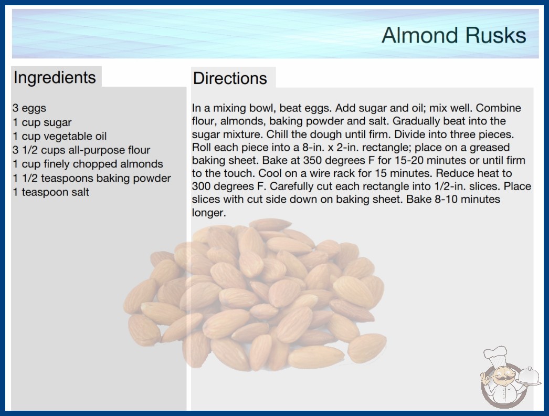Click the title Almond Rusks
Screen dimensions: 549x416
point(454,35)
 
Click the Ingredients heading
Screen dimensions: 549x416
point(55,77)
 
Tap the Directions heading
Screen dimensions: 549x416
point(230,78)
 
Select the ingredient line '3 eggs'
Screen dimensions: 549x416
point(29,108)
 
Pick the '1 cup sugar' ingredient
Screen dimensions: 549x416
point(42,122)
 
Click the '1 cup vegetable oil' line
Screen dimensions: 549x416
point(59,136)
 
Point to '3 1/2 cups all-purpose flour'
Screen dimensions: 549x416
point(81,150)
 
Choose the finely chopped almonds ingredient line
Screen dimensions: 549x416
point(88,164)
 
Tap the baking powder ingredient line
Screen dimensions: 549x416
point(92,178)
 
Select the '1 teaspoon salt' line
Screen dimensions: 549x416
point(51,192)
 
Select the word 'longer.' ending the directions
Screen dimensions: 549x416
point(209,212)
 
